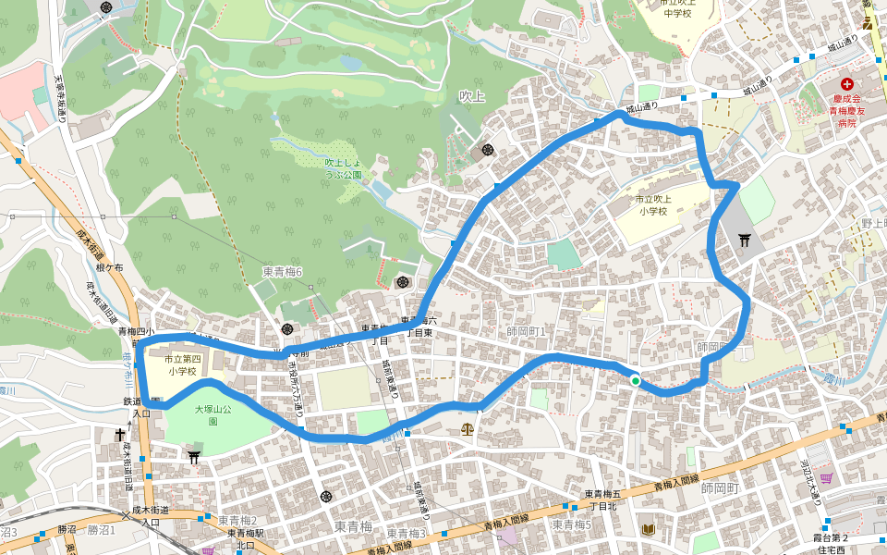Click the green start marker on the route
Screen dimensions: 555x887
coord(636,380)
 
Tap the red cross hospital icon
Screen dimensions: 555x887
coord(847,84)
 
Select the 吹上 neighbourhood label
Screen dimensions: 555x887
coord(471,96)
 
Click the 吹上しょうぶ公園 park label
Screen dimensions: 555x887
coord(343,167)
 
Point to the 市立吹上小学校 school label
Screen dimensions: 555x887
coord(658,205)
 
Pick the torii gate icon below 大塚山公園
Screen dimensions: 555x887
coord(194,455)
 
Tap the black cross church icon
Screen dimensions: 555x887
coord(120,434)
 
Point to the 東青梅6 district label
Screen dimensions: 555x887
coord(283,271)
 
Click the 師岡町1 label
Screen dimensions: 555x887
coord(527,331)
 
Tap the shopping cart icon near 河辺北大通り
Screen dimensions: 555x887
coord(825,478)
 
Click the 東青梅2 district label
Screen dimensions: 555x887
coord(237,520)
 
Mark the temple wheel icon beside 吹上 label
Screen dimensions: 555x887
coord(487,150)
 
